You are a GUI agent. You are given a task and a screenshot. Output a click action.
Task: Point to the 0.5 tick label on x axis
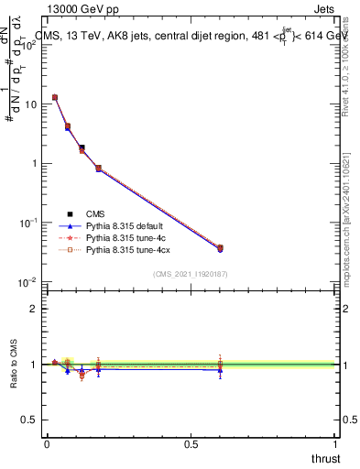191,444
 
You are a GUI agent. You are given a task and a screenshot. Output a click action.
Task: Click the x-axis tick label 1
335,444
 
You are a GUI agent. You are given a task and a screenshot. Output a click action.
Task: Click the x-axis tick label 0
47,444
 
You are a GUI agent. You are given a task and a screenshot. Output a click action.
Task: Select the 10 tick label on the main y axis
30,104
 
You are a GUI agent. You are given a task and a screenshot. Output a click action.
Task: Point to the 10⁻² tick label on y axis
28,282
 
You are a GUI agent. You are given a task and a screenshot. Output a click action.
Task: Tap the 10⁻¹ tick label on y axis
28,223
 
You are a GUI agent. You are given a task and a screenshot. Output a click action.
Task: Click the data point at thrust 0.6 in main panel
220,248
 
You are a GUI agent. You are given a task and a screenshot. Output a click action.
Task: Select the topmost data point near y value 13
55,97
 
